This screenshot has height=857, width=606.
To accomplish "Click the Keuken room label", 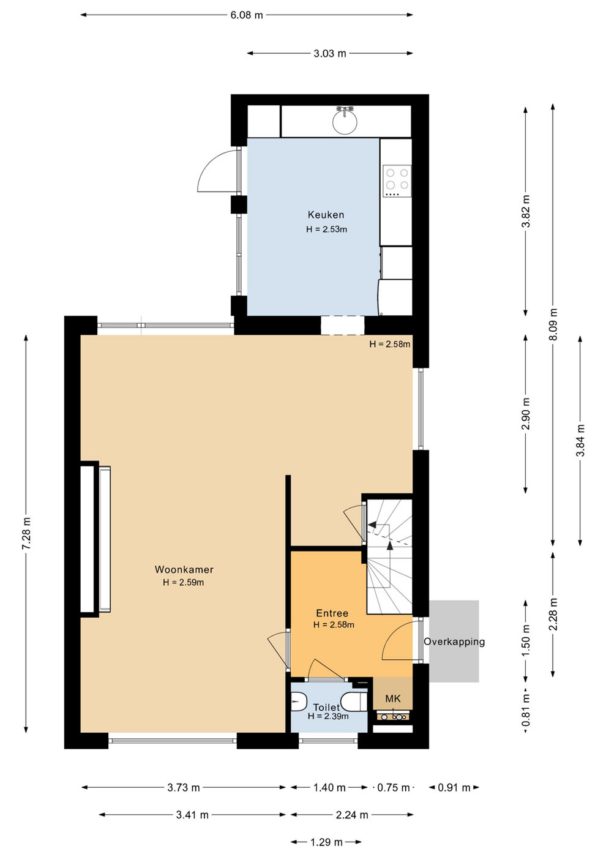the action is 326,215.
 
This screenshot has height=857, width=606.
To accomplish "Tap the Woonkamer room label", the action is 184,569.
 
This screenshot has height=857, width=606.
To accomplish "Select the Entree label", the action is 332,613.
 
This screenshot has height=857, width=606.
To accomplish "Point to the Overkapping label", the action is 454,642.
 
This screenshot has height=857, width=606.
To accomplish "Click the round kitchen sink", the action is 345,122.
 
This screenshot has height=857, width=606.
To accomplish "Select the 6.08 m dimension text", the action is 247,15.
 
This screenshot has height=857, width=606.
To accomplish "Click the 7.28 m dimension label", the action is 26,534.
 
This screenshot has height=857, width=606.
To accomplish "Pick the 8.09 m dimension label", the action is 553,324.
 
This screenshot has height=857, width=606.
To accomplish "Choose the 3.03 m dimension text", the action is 330,54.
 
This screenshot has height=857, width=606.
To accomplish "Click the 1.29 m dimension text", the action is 326,842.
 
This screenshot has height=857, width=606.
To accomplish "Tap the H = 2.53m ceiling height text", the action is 326,230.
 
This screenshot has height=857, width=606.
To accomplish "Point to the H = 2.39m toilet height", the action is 328,716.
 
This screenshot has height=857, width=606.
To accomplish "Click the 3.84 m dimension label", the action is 581,440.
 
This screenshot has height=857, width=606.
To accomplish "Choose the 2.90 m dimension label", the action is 526,414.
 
